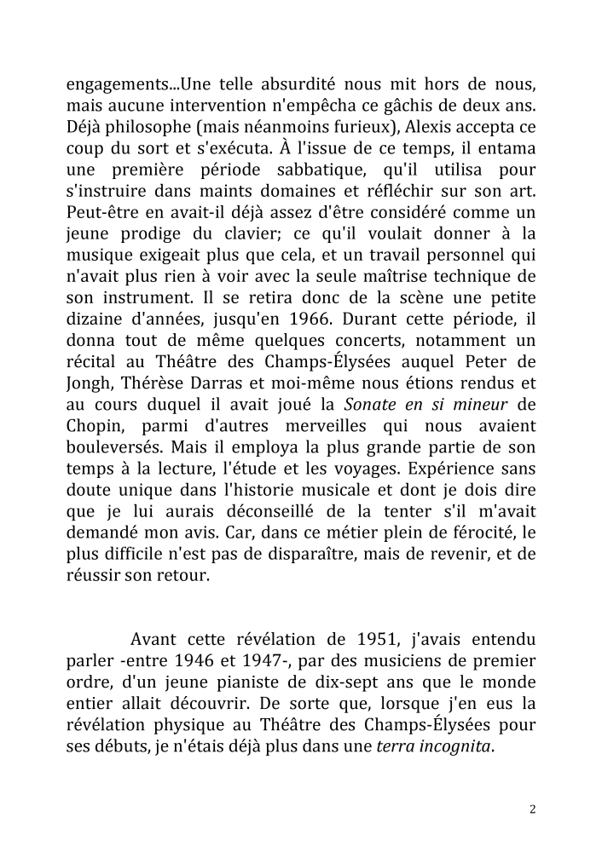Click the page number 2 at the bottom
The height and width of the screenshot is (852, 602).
click(533, 809)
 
